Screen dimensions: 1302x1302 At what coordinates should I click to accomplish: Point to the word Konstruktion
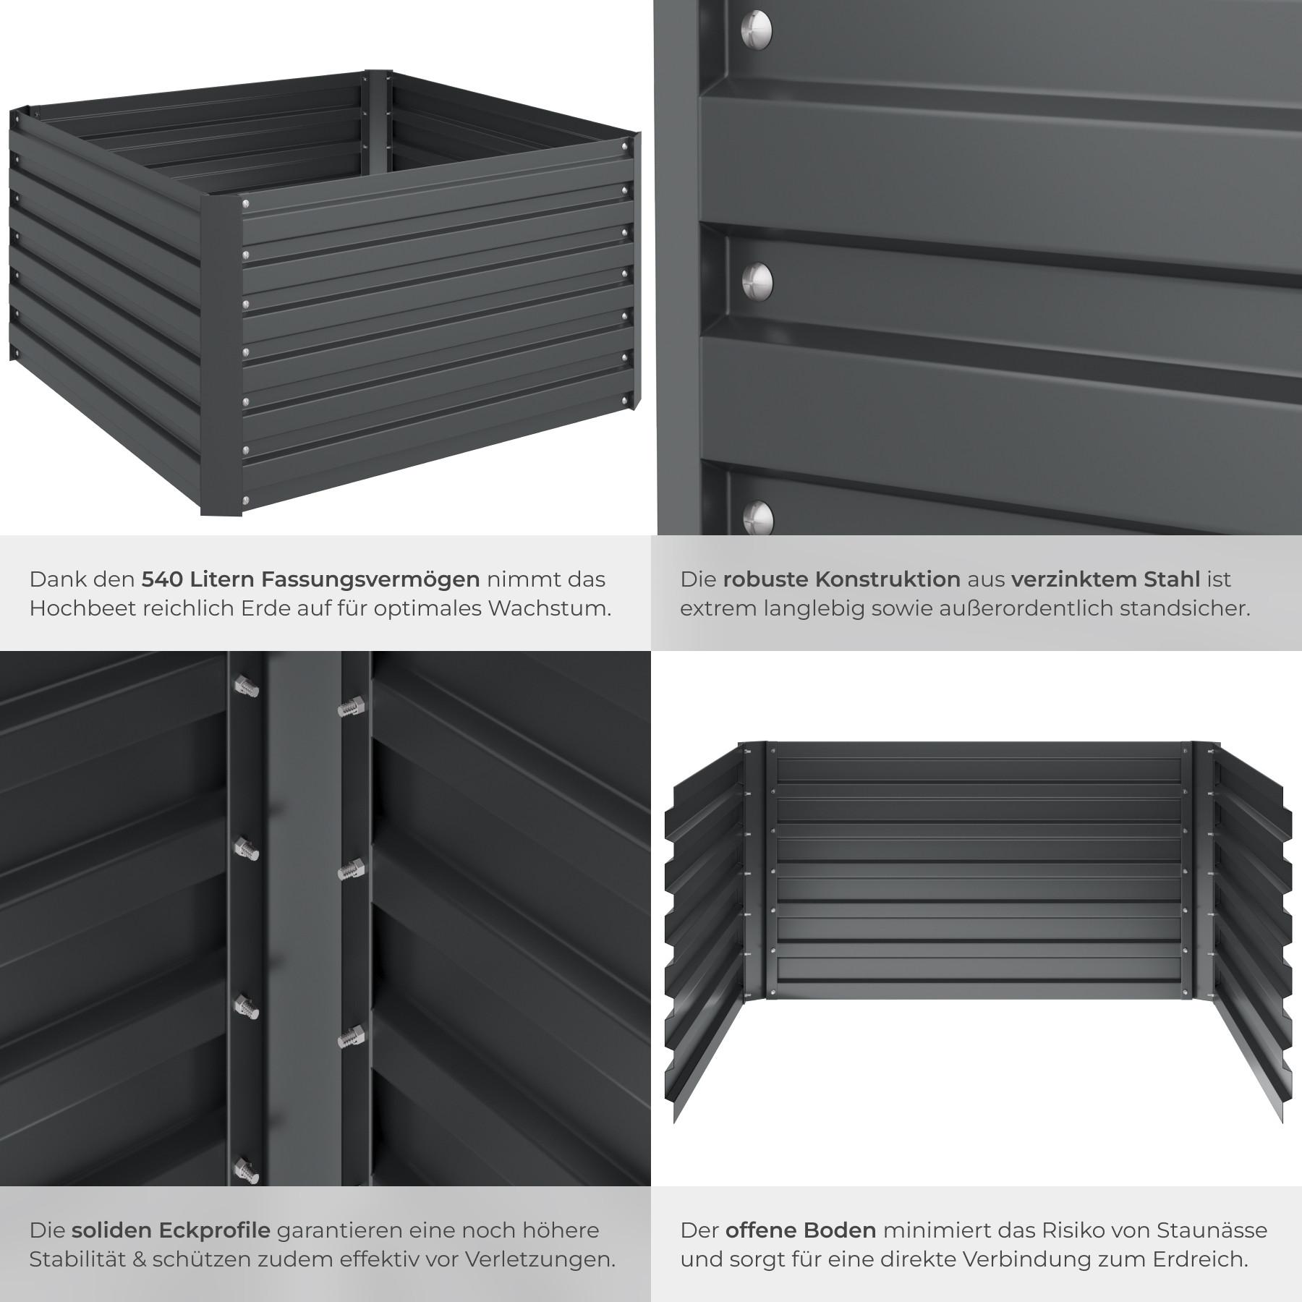888,579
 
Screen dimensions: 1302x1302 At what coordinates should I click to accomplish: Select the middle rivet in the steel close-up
758,281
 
